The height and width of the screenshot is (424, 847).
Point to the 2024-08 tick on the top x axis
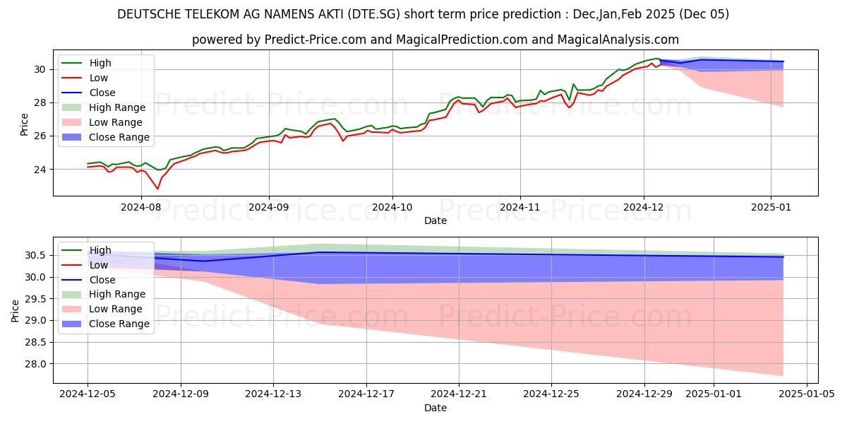pos(142,208)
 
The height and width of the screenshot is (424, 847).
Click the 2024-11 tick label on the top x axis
pos(520,208)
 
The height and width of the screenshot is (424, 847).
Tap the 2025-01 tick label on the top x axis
pos(771,208)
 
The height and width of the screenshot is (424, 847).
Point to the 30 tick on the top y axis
pos(40,69)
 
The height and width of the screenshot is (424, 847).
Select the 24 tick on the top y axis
pos(40,170)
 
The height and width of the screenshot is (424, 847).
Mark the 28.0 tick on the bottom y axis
pos(36,364)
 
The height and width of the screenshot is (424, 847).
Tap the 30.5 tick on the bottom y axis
pos(36,255)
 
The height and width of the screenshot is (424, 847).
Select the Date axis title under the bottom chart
pos(435,408)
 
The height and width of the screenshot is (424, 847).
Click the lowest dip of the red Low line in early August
pos(157,189)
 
